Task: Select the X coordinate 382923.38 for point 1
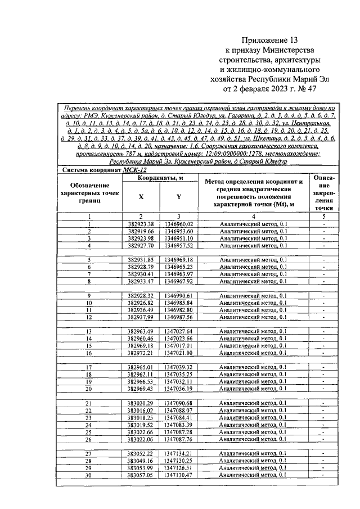click(141, 224)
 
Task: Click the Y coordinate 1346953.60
click(179, 231)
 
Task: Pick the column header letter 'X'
click(141, 197)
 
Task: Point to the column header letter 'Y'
click(179, 197)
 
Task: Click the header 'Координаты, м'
click(160, 178)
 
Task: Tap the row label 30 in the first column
click(88, 475)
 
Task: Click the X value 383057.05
click(141, 475)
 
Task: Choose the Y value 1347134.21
click(179, 453)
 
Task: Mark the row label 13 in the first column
click(88, 331)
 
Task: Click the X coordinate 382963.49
click(141, 331)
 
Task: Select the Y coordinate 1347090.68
click(179, 403)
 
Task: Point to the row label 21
click(88, 403)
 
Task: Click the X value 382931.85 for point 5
click(141, 259)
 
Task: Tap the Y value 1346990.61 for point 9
click(179, 295)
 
